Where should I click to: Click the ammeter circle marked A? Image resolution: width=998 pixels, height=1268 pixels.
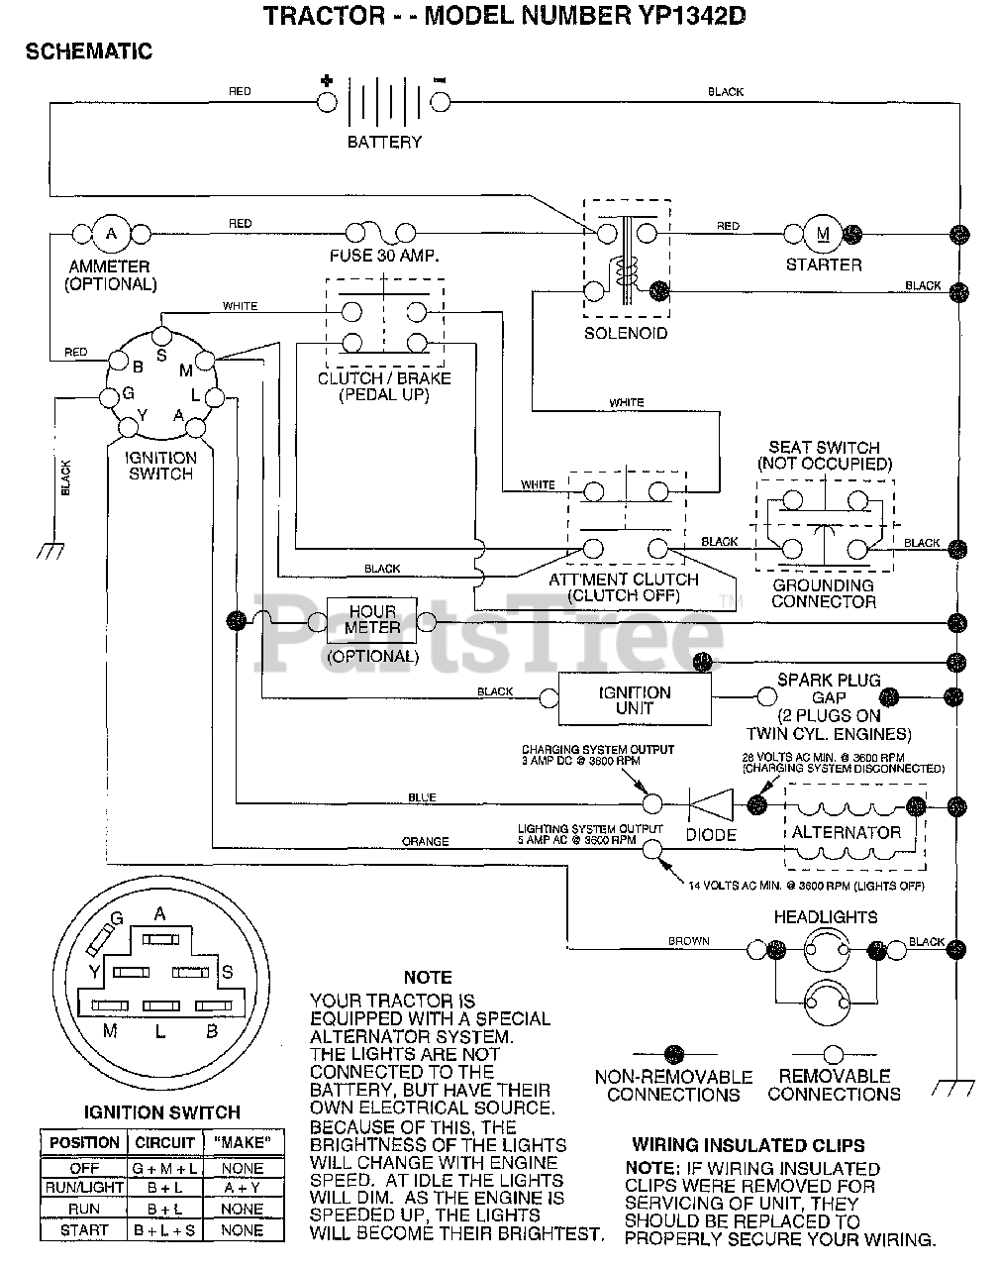(111, 234)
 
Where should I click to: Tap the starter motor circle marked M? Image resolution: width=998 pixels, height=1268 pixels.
(823, 234)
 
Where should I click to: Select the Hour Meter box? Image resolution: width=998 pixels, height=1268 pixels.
(371, 620)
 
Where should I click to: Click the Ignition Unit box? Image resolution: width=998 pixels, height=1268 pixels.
(635, 699)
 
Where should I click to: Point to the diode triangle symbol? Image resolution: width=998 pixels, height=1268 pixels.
(712, 804)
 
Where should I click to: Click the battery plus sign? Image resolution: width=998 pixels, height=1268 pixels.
(327, 80)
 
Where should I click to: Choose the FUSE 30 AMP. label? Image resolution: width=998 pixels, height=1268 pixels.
(384, 256)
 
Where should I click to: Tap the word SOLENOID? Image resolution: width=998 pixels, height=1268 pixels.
(626, 334)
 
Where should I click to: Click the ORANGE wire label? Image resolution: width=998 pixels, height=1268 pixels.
(425, 841)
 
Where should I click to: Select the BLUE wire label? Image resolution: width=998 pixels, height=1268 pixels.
(422, 797)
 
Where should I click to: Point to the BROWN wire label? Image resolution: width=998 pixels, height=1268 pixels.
(689, 941)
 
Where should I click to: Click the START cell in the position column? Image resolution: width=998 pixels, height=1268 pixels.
(84, 1230)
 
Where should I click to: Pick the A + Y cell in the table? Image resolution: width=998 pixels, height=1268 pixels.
(243, 1188)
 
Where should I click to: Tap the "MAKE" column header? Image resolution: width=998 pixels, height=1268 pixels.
(243, 1142)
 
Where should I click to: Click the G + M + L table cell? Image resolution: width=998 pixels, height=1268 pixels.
(164, 1168)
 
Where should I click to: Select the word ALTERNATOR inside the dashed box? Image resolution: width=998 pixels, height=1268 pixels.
(846, 832)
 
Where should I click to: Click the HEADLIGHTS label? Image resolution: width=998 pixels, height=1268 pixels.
(826, 917)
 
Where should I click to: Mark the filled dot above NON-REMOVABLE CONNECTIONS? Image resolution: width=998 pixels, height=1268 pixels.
(674, 1054)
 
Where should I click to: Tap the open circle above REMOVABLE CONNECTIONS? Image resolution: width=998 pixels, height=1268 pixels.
(833, 1054)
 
